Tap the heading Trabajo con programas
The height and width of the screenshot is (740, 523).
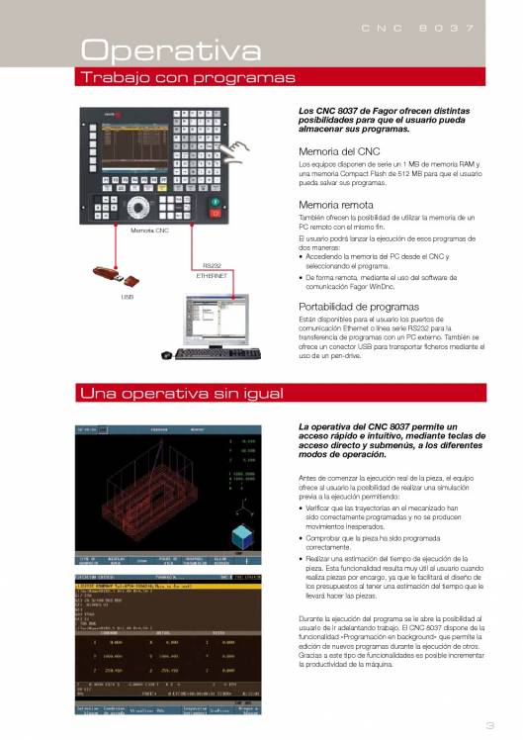(189, 77)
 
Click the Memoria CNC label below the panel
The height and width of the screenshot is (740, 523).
(149, 230)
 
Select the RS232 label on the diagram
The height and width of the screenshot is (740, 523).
(212, 265)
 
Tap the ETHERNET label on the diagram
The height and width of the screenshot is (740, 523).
(212, 277)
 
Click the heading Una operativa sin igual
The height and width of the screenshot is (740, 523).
(179, 395)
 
